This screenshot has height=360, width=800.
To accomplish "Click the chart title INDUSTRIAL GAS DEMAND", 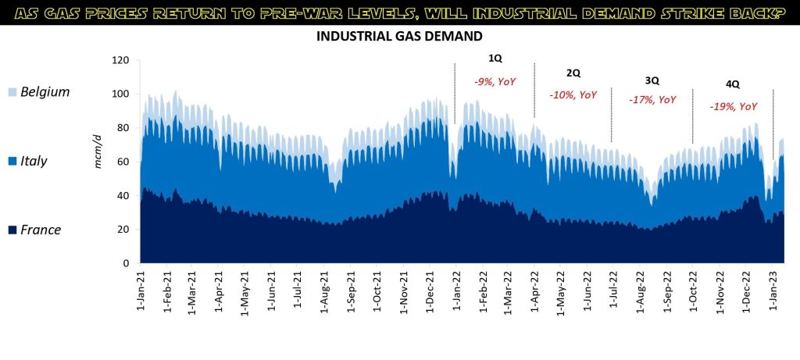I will point(399,37).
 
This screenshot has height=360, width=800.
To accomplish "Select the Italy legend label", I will point(34,161).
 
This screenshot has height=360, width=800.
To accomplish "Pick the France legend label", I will point(41,230).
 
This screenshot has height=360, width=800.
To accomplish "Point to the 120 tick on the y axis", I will point(120,60).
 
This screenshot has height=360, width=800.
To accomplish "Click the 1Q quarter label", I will point(495,59).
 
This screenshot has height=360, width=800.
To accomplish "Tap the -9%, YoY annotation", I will point(495,80).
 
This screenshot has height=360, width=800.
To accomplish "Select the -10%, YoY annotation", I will point(573,94).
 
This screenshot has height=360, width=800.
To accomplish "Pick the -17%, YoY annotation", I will point(652,100).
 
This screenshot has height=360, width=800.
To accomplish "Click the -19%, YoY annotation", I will point(733,106).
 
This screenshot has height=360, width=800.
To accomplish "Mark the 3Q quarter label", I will point(652,80).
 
